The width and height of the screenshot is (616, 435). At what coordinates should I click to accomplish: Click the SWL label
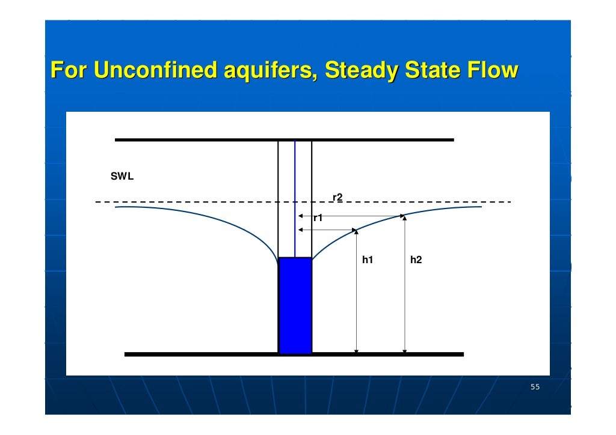tap(122, 177)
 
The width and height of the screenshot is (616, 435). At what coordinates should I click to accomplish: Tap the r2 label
tap(337, 197)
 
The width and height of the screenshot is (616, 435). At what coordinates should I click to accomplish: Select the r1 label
tap(318, 219)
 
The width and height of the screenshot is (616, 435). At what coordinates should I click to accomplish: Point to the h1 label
tap(368, 260)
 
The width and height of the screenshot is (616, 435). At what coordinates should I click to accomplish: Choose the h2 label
tap(416, 260)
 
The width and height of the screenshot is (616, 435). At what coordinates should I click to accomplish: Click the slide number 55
tap(535, 387)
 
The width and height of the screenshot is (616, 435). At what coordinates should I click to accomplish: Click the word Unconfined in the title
tap(156, 70)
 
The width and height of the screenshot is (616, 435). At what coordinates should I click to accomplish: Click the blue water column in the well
tap(295, 305)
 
